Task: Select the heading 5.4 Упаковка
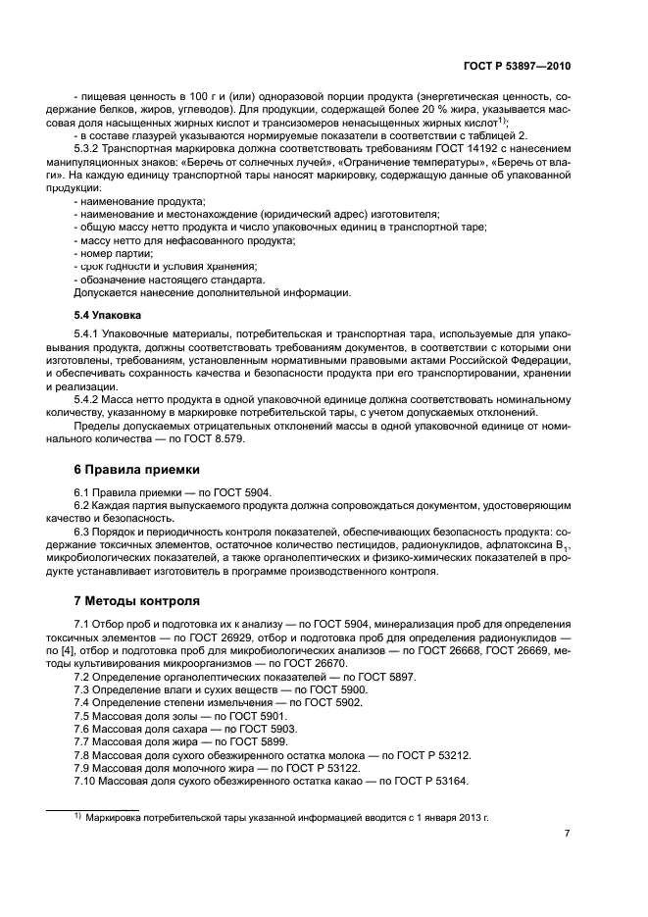(x=108, y=316)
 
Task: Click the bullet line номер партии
(x=114, y=252)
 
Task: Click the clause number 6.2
(x=82, y=505)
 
